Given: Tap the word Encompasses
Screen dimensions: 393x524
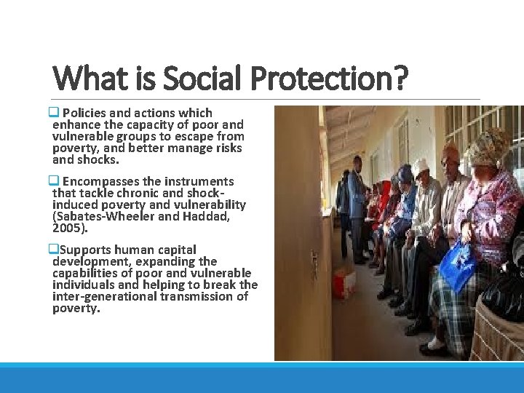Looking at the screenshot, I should click(x=100, y=181).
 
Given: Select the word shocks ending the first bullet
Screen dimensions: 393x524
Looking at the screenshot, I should click(x=97, y=159).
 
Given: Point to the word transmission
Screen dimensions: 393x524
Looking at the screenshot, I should click(x=199, y=296).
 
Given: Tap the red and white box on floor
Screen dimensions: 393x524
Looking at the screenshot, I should click(x=343, y=281).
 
